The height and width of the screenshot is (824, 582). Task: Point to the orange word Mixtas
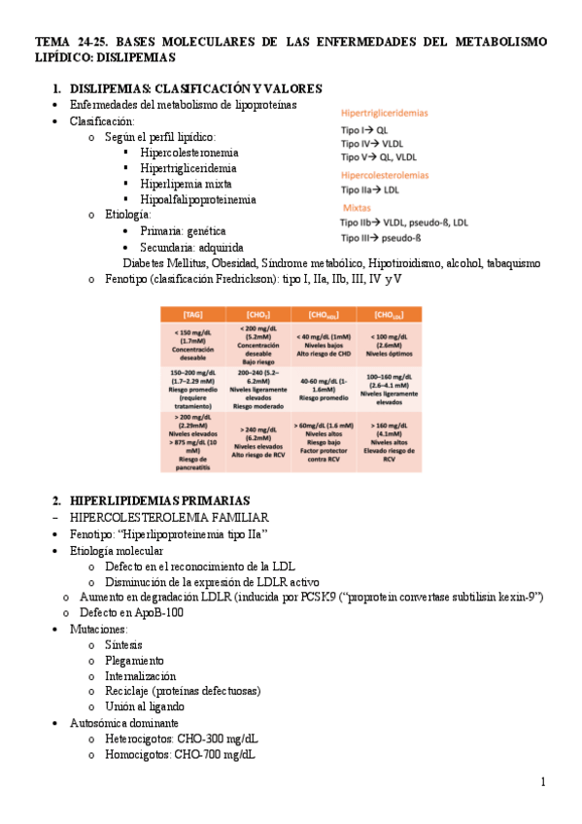[x=357, y=207]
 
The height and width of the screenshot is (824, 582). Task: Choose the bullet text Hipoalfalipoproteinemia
[x=198, y=199]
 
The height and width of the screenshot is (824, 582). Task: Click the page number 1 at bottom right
[x=543, y=782]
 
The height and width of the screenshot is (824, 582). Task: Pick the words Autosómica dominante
[x=124, y=723]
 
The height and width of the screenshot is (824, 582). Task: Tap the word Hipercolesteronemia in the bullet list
[x=189, y=153]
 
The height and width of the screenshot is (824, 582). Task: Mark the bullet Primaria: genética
[x=183, y=231]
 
